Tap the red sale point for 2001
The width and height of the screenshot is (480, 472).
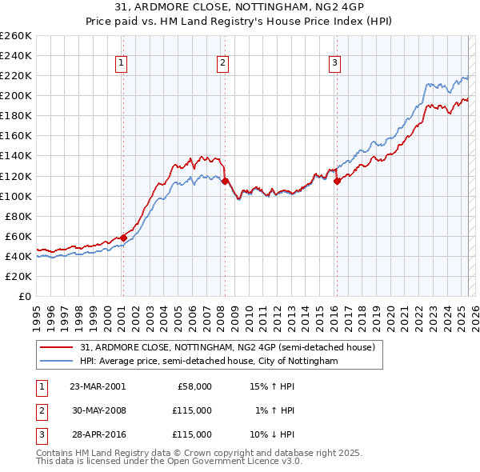pos(124,238)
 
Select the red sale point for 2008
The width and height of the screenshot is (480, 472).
pos(225,181)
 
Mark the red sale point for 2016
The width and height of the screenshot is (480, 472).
pos(337,181)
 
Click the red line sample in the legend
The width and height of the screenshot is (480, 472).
pos(56,347)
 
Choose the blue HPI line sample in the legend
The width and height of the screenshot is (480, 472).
pos(56,362)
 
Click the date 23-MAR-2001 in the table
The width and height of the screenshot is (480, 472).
pos(98,386)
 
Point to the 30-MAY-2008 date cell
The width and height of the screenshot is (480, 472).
pos(98,410)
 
